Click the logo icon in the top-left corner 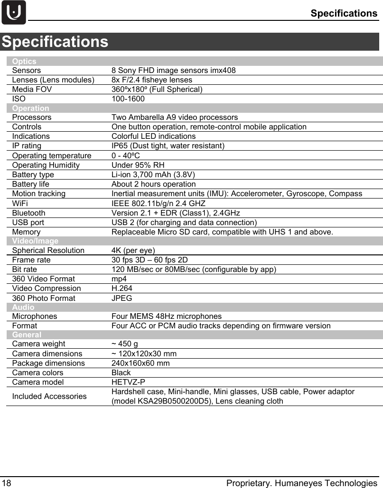13,12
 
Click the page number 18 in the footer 6,483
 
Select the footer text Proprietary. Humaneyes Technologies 301,483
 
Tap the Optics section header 24,61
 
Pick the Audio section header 23,307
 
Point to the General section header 27,334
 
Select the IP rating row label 27,145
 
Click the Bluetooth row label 29,213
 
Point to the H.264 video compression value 121,288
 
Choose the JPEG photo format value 121,298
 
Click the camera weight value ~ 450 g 125,343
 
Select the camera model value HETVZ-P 128,382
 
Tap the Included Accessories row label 49,396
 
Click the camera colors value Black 121,372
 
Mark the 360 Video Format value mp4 119,279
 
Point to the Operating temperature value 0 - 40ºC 125,155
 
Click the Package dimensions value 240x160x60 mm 140,363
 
